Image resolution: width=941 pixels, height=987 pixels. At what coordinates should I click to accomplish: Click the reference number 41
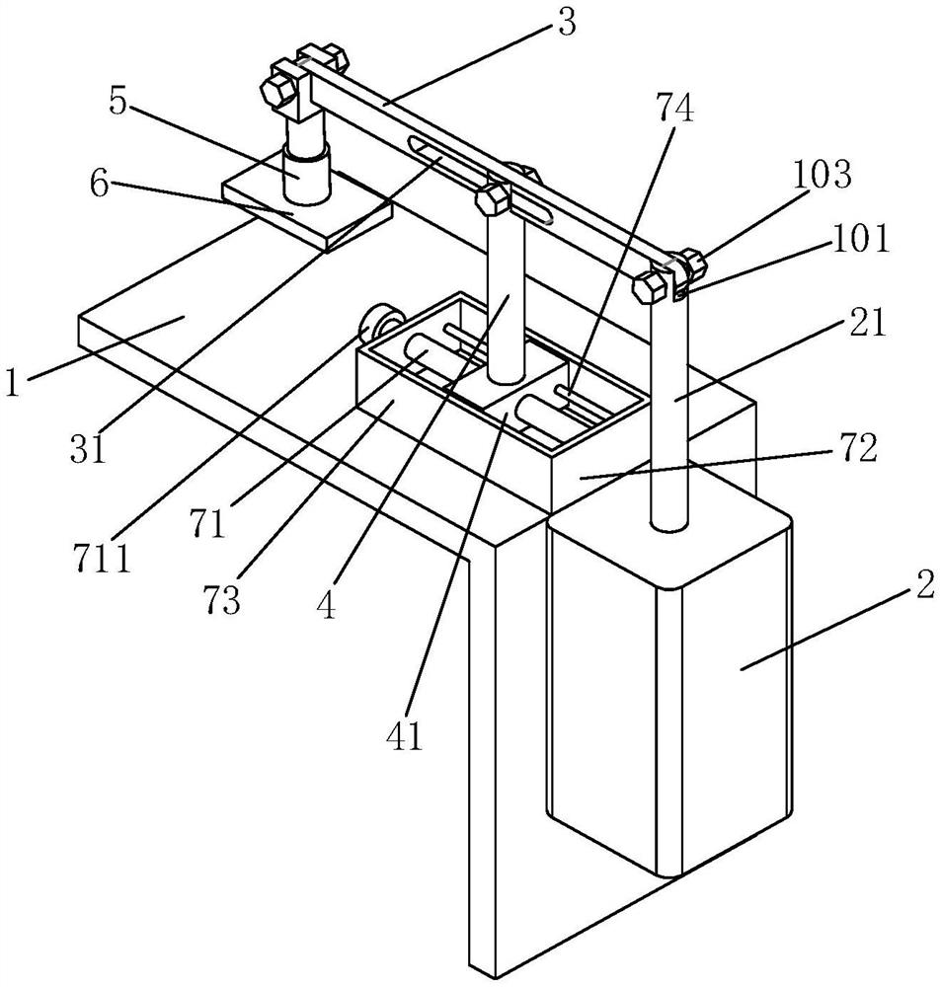[x=406, y=734]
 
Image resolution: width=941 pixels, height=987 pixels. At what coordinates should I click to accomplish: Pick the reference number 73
[x=222, y=599]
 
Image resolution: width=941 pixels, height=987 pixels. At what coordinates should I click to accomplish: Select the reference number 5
[x=118, y=102]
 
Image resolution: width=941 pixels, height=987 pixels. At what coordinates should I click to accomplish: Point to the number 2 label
[x=924, y=585]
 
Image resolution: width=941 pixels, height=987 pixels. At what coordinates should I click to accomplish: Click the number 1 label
[x=12, y=382]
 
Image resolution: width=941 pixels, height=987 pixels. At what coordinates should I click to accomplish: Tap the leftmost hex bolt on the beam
[x=277, y=90]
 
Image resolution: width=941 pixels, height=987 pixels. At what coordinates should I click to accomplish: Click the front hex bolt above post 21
[x=650, y=287]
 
